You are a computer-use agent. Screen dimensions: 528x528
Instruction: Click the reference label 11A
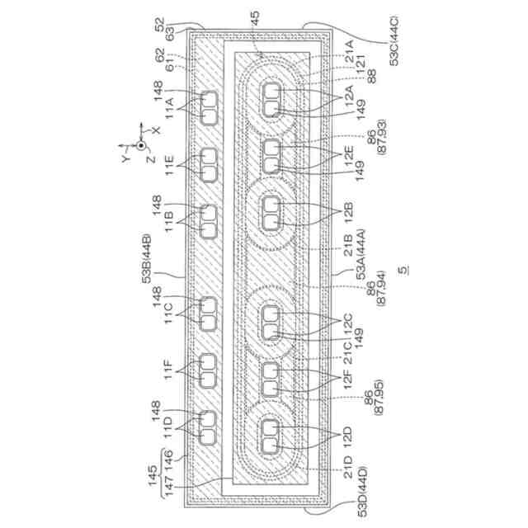168,108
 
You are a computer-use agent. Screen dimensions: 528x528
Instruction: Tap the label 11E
168,165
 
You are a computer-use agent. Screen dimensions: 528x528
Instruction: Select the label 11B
168,221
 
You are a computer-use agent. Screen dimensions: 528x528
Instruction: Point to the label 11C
168,313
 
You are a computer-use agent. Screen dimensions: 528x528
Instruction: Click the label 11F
168,370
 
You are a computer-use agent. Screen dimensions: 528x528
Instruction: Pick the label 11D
168,427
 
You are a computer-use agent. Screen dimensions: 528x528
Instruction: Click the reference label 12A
348,93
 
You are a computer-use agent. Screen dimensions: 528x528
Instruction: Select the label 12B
348,211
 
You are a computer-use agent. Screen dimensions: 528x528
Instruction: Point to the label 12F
348,379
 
